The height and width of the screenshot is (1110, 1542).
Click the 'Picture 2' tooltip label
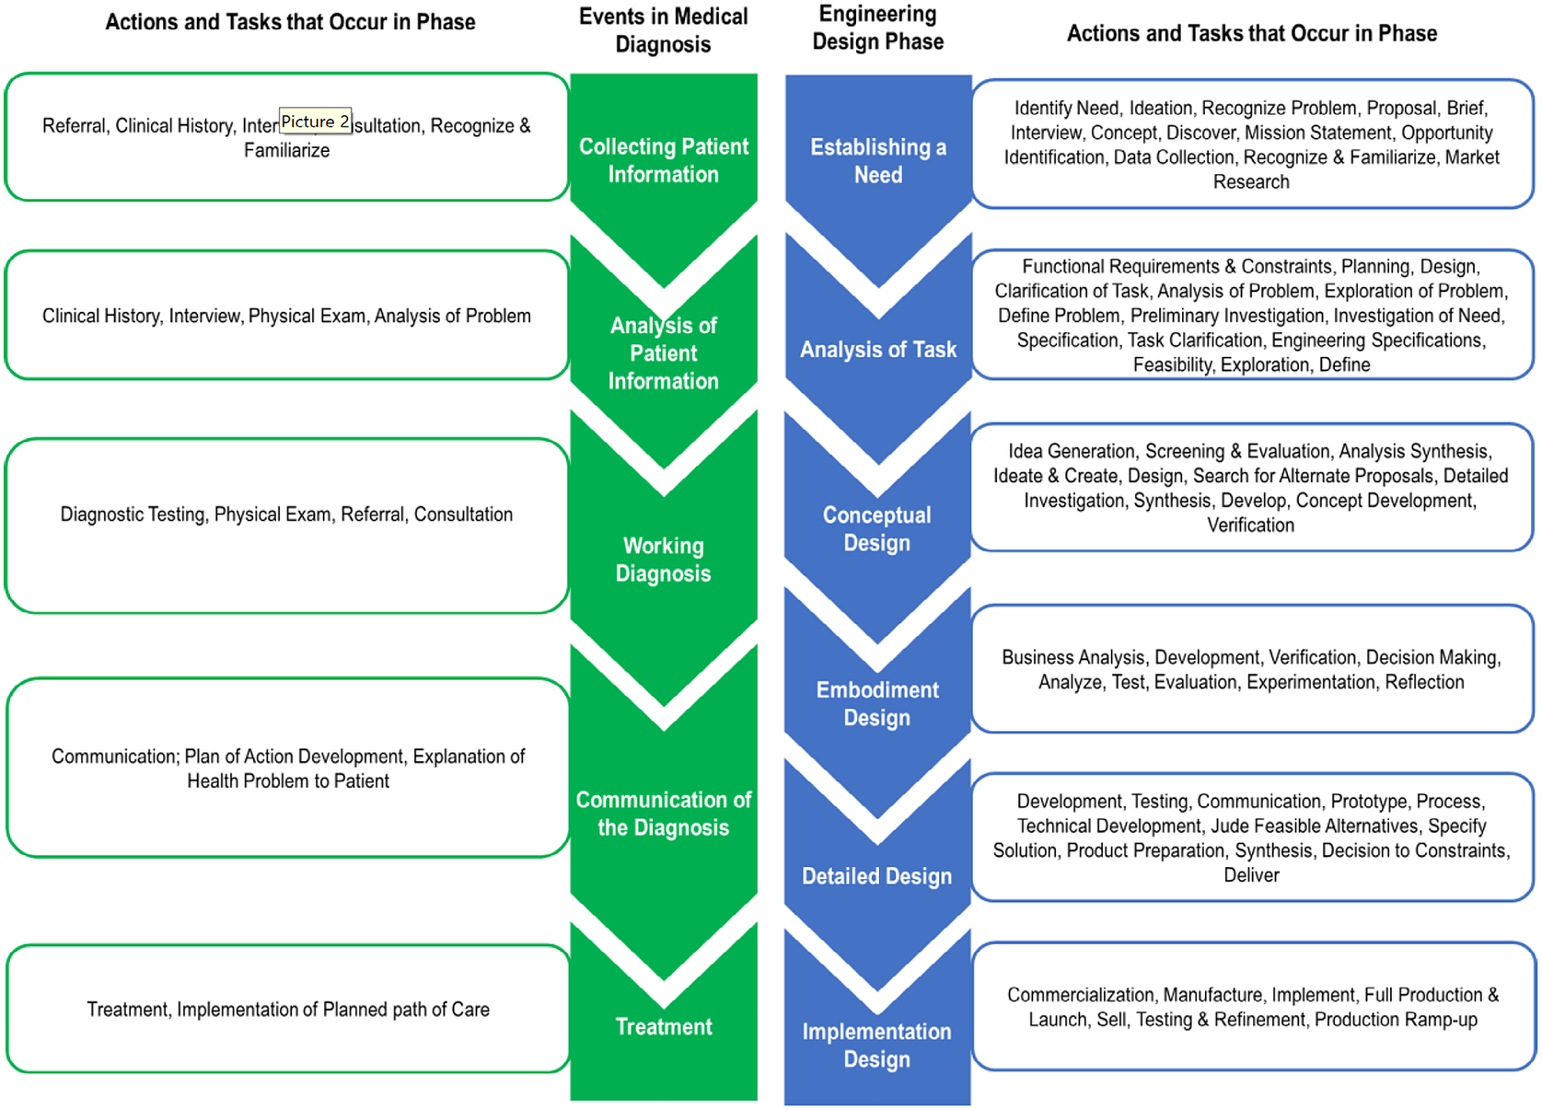[315, 121]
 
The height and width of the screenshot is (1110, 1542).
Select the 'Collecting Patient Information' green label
[663, 160]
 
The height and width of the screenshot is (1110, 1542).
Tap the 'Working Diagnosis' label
[663, 560]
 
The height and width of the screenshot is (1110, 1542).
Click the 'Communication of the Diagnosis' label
[663, 814]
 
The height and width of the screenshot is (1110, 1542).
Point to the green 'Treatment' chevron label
[663, 1026]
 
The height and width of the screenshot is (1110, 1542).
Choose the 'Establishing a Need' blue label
[877, 161]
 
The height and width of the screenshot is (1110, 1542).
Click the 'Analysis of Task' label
[877, 350]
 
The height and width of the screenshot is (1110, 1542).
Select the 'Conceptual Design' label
[876, 529]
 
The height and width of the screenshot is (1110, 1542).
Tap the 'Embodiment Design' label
[876, 703]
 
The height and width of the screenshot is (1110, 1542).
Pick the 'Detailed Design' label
[876, 876]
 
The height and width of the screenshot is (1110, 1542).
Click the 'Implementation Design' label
[876, 1045]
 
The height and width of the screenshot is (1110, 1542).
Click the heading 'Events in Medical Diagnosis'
[663, 30]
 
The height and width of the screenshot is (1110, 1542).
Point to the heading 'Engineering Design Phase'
[877, 28]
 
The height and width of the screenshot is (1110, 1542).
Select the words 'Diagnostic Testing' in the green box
[133, 515]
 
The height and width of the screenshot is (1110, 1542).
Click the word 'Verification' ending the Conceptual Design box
[1250, 526]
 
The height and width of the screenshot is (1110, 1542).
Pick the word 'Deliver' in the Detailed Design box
[1251, 875]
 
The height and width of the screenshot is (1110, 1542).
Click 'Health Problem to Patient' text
[288, 781]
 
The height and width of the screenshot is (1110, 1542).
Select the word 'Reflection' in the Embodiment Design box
[1424, 682]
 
